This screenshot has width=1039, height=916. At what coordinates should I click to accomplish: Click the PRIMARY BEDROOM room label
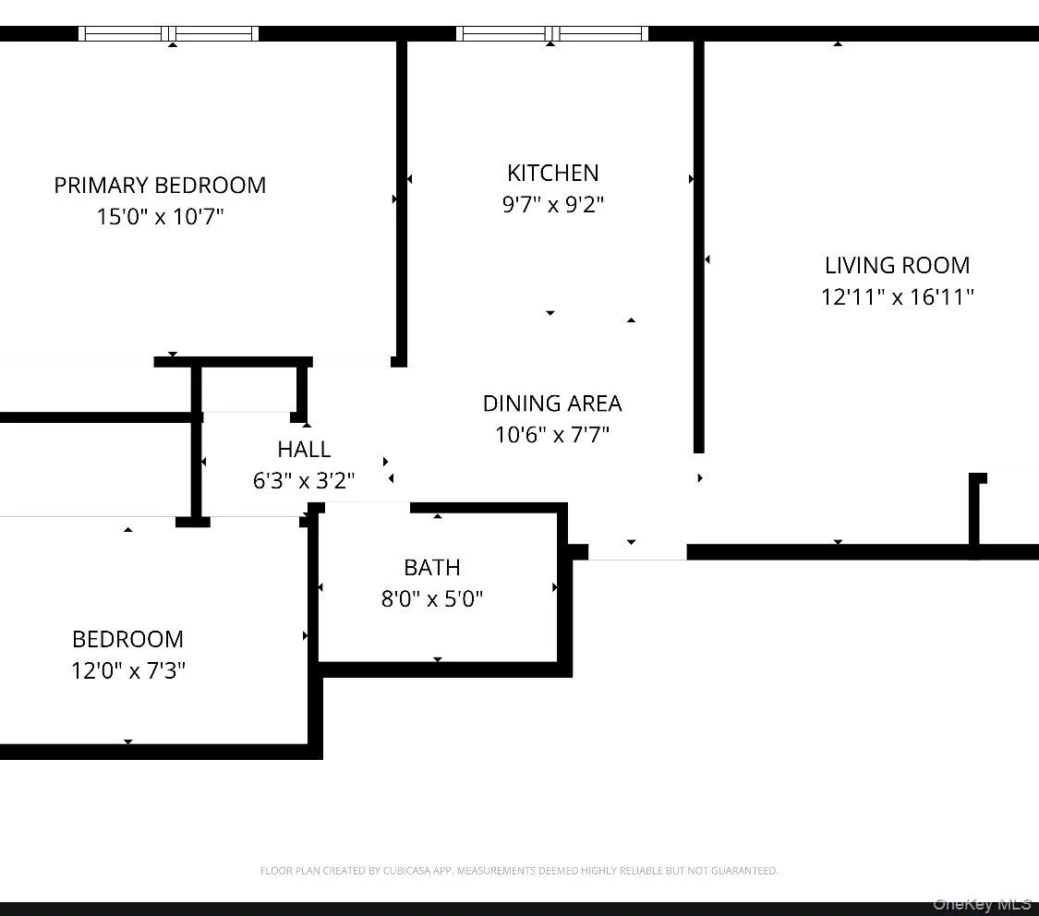point(160,185)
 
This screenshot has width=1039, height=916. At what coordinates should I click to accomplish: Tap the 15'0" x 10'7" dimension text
point(160,217)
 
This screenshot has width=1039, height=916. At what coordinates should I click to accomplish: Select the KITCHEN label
point(552,173)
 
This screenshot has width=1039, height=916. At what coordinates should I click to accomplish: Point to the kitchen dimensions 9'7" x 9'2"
point(552,204)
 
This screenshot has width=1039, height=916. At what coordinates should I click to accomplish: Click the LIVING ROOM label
point(897,265)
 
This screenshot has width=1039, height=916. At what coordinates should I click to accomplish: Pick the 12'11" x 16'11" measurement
point(897,296)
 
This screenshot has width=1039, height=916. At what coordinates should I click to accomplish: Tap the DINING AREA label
point(552,404)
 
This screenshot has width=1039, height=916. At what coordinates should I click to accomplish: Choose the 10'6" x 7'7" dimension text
point(552,434)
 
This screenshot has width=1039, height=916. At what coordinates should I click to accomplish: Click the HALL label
point(304,450)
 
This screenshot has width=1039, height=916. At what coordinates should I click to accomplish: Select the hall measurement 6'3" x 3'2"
point(304,480)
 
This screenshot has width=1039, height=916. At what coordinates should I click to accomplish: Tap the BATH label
point(431,567)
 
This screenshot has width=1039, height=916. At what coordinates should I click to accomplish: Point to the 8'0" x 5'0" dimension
point(431,599)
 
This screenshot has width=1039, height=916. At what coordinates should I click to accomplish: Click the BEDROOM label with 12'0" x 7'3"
point(127,639)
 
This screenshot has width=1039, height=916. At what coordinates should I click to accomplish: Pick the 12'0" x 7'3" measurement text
point(127,670)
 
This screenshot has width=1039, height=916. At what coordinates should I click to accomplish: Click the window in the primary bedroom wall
point(169,34)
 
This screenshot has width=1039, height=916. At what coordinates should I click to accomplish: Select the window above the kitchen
point(551,34)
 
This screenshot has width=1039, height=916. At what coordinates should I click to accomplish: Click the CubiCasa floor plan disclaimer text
point(519,871)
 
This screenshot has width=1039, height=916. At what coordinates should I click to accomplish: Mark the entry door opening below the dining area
point(637,552)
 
